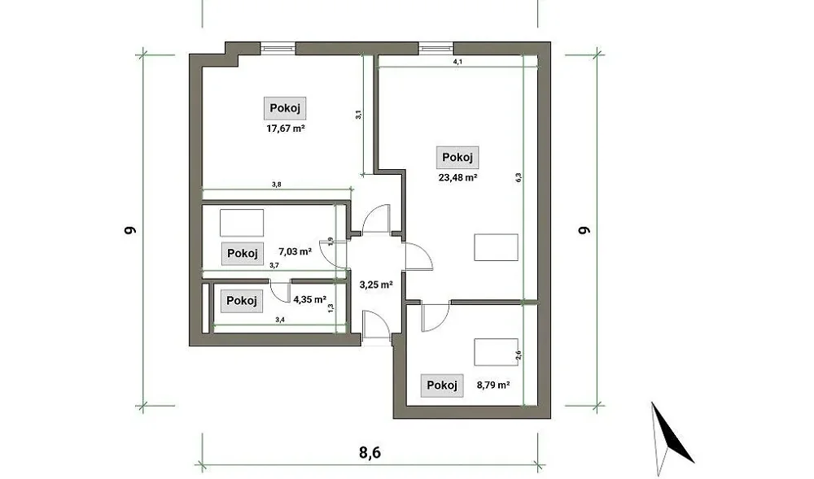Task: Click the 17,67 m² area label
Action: pos(286,128)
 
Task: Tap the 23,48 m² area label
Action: pos(457,177)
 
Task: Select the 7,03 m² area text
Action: pos(295,251)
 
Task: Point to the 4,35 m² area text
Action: pos(309,299)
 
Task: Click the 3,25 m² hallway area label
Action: pos(376,285)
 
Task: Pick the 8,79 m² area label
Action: pos(493,385)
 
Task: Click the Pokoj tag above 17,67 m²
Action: pos(285,108)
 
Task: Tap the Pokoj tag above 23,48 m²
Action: pos(457,157)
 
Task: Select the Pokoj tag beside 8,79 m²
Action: pos(442,385)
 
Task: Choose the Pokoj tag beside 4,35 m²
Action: pos(242,301)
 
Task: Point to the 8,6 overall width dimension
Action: pos(370,452)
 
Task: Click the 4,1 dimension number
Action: pos(457,62)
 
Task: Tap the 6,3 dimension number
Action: pos(518,177)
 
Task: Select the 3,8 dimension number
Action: pos(277,184)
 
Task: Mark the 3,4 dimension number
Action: pos(280,320)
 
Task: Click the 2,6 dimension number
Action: pos(518,355)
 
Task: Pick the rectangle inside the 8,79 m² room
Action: pos(496,352)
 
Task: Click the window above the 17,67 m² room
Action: pos(278,48)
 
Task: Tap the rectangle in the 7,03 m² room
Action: pos(242,223)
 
